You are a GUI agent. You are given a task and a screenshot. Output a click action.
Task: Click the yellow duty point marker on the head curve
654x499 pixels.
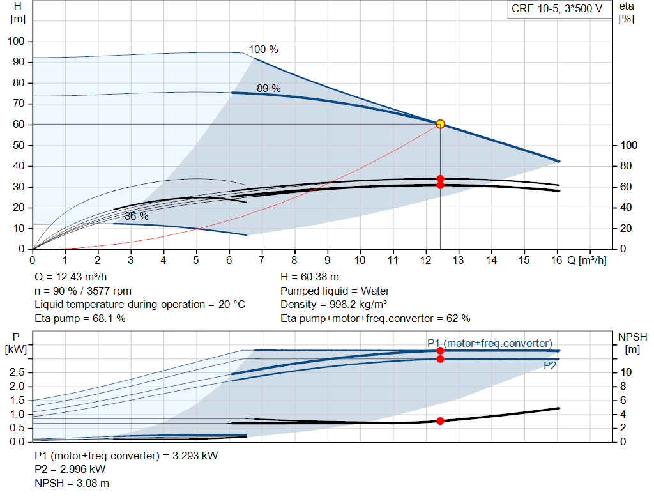click(440, 124)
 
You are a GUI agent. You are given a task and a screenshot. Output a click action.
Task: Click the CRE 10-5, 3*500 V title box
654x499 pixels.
click(556, 9)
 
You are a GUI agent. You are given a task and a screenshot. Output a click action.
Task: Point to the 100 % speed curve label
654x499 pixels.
click(263, 50)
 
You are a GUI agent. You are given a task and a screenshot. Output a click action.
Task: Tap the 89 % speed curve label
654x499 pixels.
click(268, 89)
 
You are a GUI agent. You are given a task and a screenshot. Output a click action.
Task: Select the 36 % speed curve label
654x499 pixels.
click(136, 217)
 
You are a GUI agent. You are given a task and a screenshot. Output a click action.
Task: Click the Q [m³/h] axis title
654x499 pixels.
click(586, 261)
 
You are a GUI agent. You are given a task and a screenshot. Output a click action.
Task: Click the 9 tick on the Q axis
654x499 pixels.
click(328, 261)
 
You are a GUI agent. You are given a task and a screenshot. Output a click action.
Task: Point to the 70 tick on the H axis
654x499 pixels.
click(18, 104)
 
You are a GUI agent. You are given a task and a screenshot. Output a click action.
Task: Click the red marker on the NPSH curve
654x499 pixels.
click(440, 421)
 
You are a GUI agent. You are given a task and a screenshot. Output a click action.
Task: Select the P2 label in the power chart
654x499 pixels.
click(550, 366)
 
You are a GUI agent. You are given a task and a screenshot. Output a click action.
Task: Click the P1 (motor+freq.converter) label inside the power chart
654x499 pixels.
click(489, 344)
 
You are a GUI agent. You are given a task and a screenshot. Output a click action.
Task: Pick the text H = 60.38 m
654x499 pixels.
click(310, 277)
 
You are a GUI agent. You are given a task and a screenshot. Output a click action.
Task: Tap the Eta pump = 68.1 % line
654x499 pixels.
click(80, 318)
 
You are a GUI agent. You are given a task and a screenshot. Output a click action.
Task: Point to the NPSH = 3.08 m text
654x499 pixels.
click(67, 483)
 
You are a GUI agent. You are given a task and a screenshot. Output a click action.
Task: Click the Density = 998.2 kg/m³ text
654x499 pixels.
click(334, 305)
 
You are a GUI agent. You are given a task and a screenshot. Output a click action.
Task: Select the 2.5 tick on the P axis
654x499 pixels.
click(17, 372)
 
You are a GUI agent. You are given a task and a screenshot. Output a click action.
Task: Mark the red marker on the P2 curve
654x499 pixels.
click(440, 359)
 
